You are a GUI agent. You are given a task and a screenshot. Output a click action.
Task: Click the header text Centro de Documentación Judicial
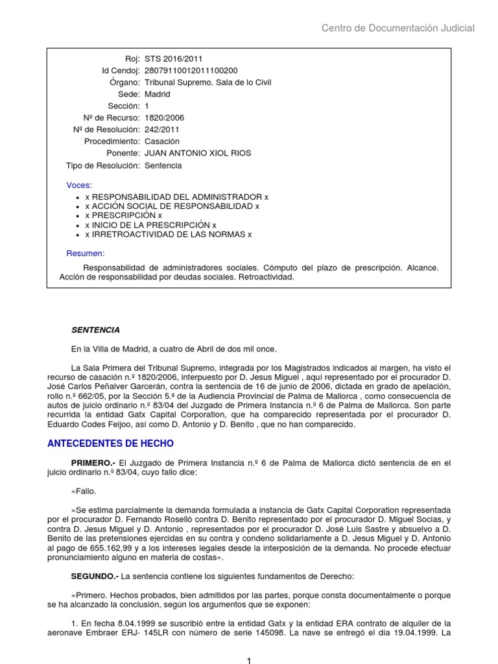(398, 28)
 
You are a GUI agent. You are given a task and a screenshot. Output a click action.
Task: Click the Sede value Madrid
(158, 94)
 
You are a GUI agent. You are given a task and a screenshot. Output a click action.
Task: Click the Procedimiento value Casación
(162, 141)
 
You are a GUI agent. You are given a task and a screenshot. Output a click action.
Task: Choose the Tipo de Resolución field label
(103, 165)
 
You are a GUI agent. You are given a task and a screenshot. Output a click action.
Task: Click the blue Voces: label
(80, 185)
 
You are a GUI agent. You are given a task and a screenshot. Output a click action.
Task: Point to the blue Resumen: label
(86, 253)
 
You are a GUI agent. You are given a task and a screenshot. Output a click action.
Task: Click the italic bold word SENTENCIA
(95, 330)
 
